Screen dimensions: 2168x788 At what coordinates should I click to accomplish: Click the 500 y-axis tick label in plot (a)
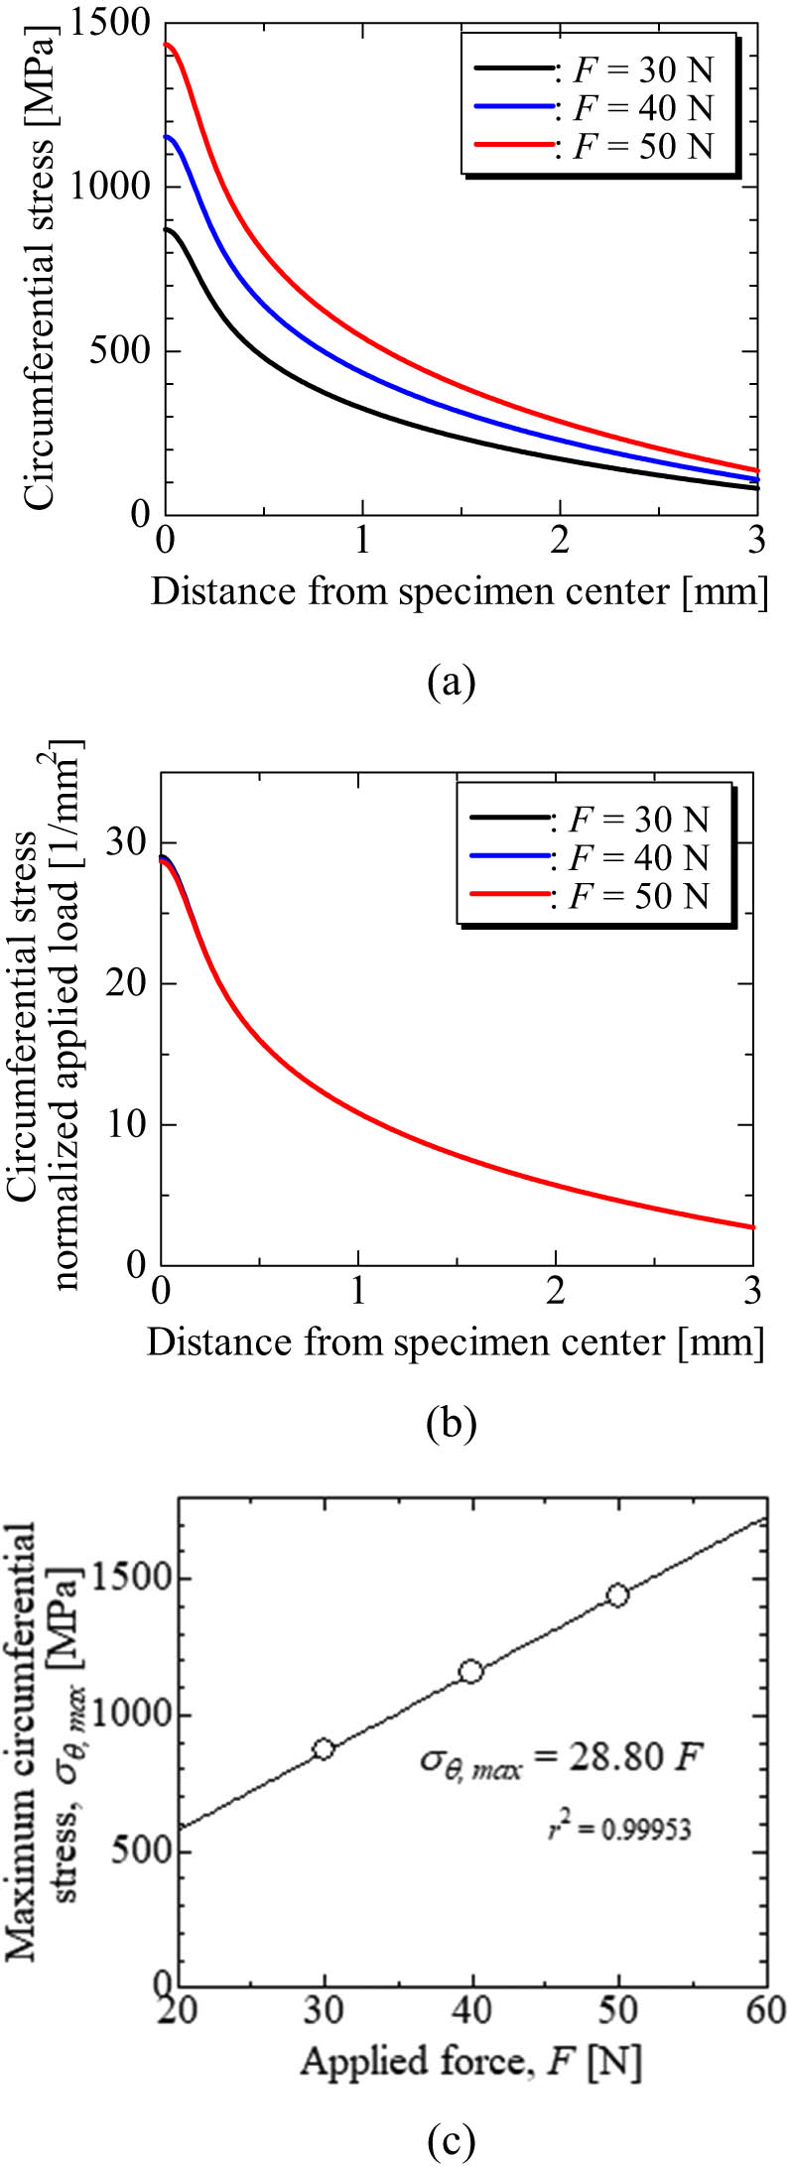tap(121, 351)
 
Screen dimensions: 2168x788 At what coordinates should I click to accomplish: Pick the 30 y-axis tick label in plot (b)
tap(129, 842)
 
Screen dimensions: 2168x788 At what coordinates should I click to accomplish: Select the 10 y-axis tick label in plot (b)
tap(129, 1125)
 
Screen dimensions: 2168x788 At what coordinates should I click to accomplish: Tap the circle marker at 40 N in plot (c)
tap(470, 1672)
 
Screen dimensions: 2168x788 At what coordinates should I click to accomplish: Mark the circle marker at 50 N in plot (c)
tap(617, 1595)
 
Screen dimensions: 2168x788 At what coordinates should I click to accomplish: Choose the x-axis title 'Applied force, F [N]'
tap(470, 2062)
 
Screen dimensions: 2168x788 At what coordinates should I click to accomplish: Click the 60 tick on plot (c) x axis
tap(765, 2010)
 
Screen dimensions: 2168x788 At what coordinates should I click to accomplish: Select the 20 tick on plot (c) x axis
tap(179, 2010)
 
